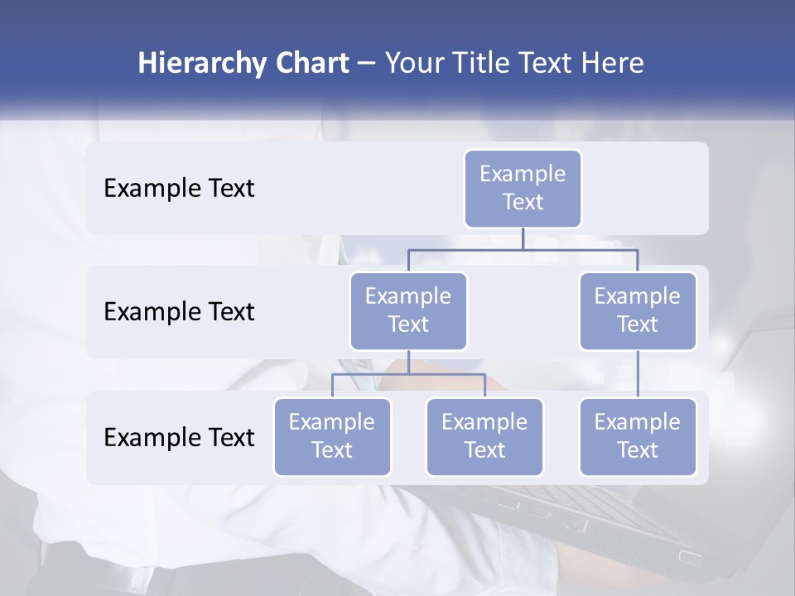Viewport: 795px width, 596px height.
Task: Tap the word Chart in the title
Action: pos(311,64)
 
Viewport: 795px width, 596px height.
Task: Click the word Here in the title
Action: pos(614,64)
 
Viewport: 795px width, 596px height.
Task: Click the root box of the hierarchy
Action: pos(523,188)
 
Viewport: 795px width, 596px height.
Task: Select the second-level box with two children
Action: pos(408,310)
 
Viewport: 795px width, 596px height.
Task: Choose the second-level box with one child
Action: pos(638,310)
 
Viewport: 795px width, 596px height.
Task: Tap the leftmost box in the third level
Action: pos(332,436)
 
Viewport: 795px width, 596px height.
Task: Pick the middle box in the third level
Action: pos(484,436)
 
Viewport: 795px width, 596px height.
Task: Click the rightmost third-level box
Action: pos(638,436)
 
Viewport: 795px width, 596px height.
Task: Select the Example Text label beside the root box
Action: pos(179,189)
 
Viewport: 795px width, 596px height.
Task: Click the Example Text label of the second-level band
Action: pos(179,312)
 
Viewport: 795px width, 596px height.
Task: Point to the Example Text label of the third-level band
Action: pos(179,437)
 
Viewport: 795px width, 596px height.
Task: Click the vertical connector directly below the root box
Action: pos(523,238)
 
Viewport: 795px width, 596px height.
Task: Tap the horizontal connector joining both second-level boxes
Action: pos(523,249)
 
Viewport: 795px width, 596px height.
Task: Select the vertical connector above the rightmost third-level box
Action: pos(638,373)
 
